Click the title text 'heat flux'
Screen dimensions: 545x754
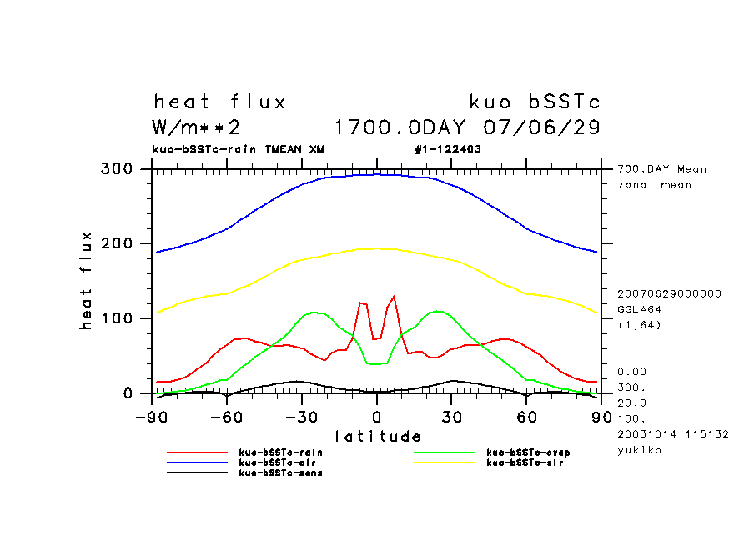219,102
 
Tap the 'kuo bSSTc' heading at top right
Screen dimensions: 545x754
535,102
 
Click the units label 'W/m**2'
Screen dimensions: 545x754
197,128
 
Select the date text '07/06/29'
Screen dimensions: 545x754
542,128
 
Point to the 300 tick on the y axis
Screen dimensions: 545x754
116,169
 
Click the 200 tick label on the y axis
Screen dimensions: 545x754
116,243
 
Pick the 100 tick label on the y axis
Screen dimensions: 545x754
116,318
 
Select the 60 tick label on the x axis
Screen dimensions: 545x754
526,416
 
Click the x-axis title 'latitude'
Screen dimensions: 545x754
377,436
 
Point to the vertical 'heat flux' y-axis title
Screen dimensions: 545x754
86,282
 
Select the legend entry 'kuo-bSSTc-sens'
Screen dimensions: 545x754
279,472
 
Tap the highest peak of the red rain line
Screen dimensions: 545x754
394,296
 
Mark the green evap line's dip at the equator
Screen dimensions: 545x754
376,363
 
